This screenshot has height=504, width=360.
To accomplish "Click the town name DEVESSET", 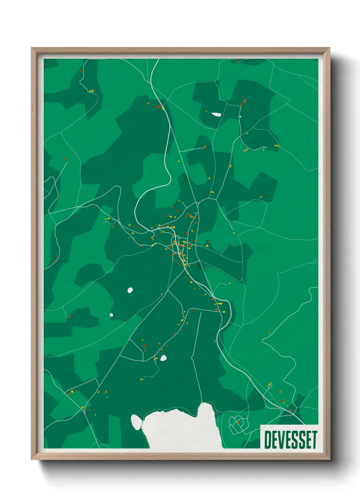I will (x=290, y=440).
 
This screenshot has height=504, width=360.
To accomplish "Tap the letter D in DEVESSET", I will (x=267, y=440).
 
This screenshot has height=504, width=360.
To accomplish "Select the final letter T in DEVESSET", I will (x=314, y=440).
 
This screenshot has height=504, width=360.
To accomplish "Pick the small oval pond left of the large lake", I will (x=136, y=422).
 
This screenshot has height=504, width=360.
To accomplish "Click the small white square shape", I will (x=111, y=315).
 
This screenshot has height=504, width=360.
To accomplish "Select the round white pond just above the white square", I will (x=130, y=290).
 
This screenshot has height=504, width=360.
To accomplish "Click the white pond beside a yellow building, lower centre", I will (x=163, y=358).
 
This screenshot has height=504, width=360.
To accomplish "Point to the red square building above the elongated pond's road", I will (x=244, y=101).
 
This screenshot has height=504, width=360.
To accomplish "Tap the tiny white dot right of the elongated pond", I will (x=240, y=116).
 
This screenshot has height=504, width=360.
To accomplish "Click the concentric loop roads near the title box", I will (x=235, y=424).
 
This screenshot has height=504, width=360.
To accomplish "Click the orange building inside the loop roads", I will (x=238, y=422).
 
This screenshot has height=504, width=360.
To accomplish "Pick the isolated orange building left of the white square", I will (x=70, y=317).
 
